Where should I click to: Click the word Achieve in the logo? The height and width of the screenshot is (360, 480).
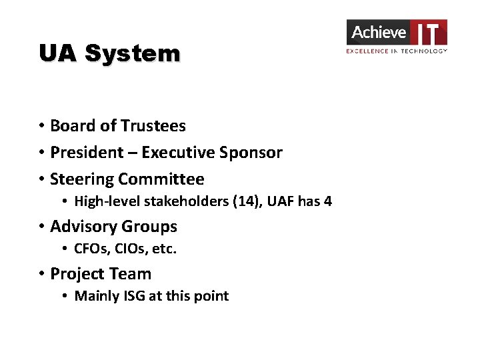pyautogui.click(x=378, y=32)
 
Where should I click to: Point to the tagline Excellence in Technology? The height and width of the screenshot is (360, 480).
pyautogui.click(x=396, y=51)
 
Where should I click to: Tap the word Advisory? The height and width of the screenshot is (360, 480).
pyautogui.click(x=83, y=227)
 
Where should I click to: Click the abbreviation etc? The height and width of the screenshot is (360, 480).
pyautogui.click(x=164, y=249)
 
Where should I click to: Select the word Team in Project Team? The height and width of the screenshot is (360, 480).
pyautogui.click(x=132, y=274)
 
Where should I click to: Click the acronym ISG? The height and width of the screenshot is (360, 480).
pyautogui.click(x=133, y=296)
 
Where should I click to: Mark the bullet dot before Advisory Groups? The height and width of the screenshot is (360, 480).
pyautogui.click(x=41, y=227)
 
